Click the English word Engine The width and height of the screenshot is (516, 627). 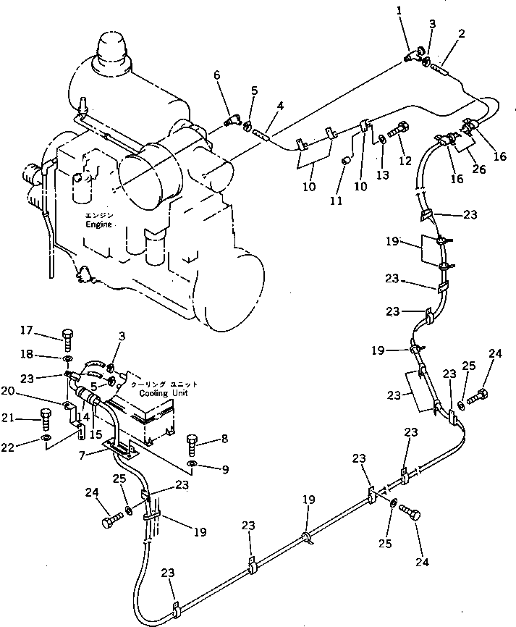pyautogui.click(x=98, y=225)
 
